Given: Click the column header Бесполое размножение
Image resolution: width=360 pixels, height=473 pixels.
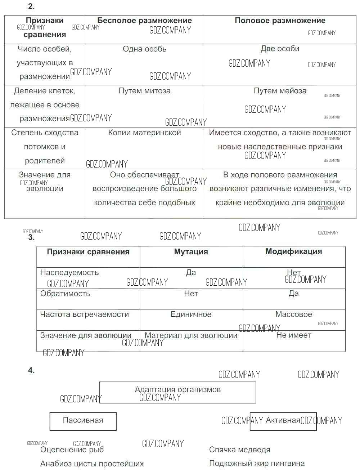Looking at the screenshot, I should pos(144,21).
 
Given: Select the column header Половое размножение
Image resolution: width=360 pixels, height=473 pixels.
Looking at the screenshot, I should pos(280,21).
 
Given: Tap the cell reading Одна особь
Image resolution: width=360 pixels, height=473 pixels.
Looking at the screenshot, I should pos(144,49).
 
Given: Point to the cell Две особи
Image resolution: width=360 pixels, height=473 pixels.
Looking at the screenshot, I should pos(280,49).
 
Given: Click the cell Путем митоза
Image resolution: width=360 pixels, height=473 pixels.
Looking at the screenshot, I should pos(144,91).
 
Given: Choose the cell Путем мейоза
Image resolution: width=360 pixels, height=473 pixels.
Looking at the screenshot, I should pos(280,91).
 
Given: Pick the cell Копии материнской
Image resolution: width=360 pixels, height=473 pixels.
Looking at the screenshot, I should pos(144,133).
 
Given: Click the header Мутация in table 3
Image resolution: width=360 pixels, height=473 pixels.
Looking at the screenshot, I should pos(191,252).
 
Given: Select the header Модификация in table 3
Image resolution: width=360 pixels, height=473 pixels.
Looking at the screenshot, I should pos(293,251).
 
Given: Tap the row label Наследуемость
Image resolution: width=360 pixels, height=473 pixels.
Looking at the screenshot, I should pos(69,273).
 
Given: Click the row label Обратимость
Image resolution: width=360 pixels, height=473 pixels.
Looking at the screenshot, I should pos(65,294).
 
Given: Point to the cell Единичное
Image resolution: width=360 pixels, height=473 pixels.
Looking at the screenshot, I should pos(191,314).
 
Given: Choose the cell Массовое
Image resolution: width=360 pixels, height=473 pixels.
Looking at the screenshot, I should pos(293,314).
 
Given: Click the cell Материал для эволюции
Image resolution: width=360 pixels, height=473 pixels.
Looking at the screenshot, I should pos(191,335).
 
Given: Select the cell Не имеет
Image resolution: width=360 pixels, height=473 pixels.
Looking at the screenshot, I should pos(293,335).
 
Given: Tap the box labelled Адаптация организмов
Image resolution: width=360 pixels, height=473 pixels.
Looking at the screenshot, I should pos(177,390).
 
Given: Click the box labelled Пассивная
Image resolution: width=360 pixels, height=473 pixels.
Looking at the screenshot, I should pos(83,420).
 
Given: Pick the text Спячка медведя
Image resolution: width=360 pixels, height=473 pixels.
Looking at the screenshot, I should pos(239,450).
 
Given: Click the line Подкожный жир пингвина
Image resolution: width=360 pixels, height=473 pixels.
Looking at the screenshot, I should pos(257,464).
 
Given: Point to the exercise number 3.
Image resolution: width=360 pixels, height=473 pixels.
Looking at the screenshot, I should pos(31,237).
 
